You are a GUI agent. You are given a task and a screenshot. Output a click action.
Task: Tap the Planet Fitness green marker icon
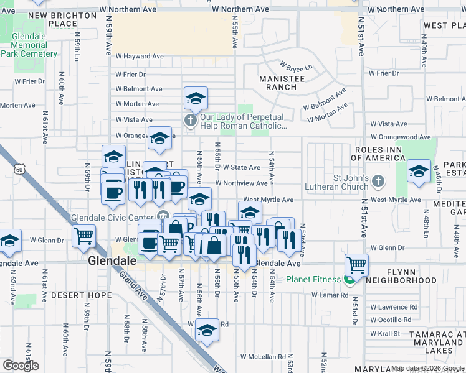click(x=349, y=280)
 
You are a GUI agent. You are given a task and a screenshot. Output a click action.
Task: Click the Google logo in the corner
click(x=21, y=366)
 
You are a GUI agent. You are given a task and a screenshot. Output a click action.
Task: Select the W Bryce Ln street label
click(x=296, y=66)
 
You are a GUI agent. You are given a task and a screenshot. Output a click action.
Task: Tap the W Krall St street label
click(x=385, y=333)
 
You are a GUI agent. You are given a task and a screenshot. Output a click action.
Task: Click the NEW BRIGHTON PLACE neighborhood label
click(x=53, y=19)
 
